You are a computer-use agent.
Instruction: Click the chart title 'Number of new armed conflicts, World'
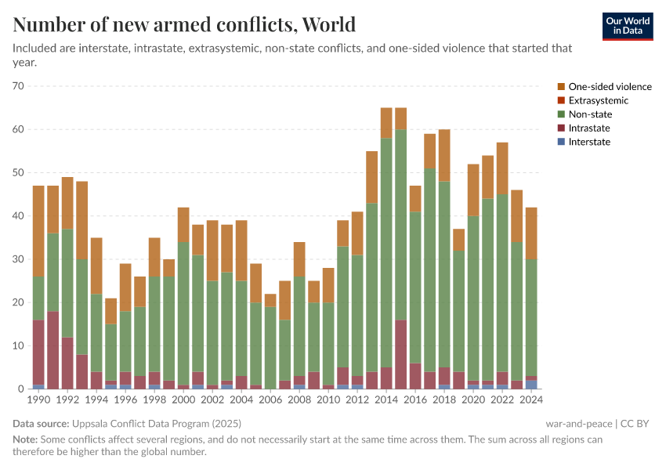(x=184, y=24)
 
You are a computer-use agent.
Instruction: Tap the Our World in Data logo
(x=628, y=26)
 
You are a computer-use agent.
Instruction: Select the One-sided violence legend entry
(x=610, y=87)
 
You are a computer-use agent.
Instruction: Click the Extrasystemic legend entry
(x=598, y=100)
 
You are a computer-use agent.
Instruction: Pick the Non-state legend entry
(x=591, y=114)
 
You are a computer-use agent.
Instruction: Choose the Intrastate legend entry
(x=589, y=128)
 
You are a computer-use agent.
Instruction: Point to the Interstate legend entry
(x=589, y=142)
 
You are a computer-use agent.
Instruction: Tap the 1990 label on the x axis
(x=38, y=400)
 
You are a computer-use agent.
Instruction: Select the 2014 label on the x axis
(x=386, y=400)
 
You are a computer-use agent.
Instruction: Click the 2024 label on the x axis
(x=531, y=400)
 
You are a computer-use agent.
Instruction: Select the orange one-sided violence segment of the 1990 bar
(x=38, y=231)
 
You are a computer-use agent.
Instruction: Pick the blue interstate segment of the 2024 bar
(x=531, y=385)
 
